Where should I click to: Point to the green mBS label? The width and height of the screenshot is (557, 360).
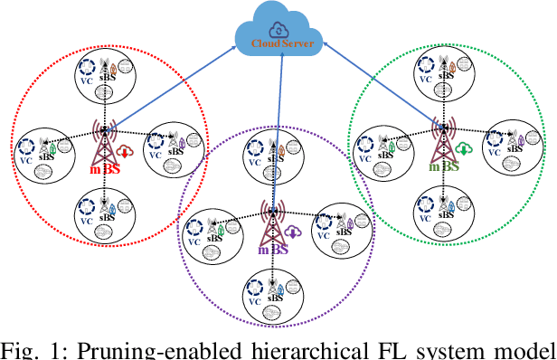[444, 166]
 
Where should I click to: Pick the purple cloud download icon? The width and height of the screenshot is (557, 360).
[295, 232]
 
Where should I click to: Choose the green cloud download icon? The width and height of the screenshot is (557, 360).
[464, 149]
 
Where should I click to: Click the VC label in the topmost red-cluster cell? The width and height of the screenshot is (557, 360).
[86, 79]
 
